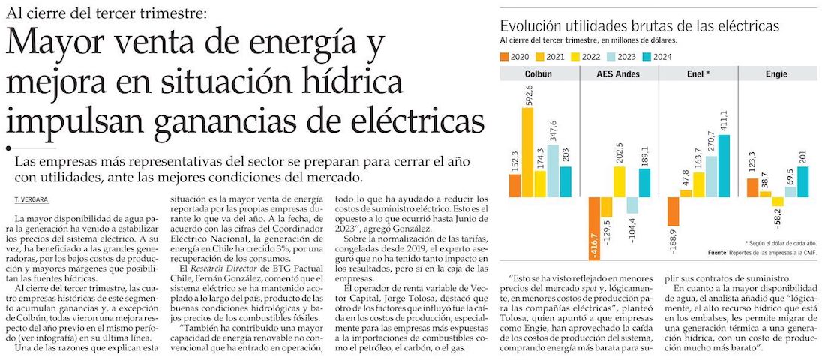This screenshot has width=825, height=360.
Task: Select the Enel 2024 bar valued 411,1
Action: click(x=724, y=166)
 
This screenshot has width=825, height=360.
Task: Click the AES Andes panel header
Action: click(x=619, y=75)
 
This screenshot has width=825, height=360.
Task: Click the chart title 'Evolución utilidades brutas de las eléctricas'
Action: click(x=639, y=26)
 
